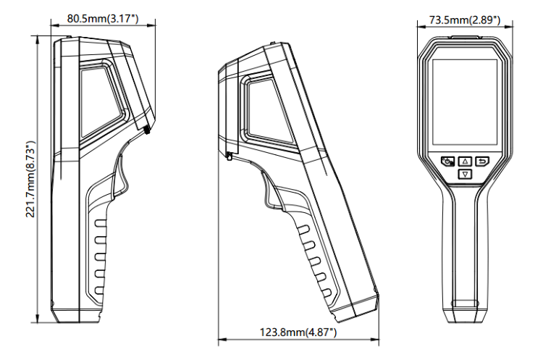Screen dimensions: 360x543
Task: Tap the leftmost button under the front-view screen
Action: pos(448,161)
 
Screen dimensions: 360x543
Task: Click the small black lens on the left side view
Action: pos(148,130)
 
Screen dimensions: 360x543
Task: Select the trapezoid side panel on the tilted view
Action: pos(269,111)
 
